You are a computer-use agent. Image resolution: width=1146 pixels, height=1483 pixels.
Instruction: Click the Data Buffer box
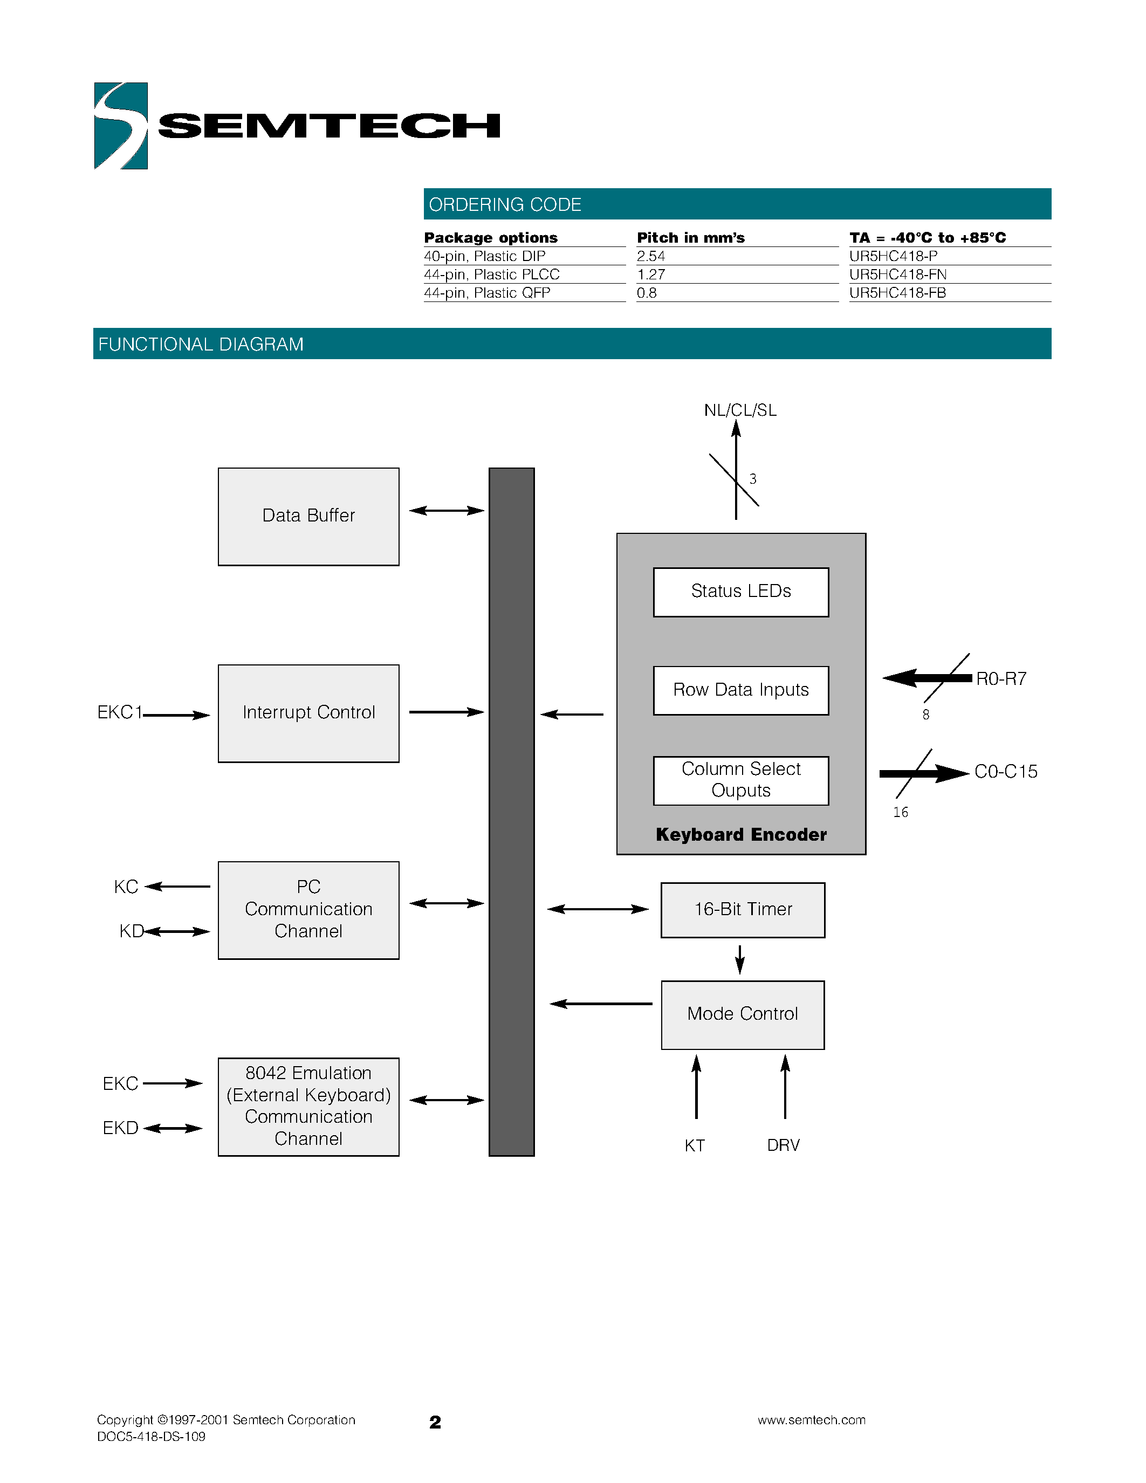[308, 516]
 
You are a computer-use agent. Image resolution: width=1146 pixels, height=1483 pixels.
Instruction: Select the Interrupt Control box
[308, 713]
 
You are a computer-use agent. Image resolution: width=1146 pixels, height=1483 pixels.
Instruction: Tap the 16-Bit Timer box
[743, 910]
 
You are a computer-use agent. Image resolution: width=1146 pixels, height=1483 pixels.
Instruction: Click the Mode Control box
[743, 1014]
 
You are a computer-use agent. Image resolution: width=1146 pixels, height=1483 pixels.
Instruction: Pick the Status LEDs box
[740, 592]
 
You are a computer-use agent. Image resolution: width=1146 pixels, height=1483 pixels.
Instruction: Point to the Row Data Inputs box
[740, 690]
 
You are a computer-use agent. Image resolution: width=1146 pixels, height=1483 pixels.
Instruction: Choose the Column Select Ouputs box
[740, 780]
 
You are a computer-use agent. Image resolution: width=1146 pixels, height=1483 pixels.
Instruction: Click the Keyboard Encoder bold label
[740, 835]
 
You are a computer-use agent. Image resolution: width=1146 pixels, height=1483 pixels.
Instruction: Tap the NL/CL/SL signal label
[740, 410]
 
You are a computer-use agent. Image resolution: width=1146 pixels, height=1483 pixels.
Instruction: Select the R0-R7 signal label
[1001, 679]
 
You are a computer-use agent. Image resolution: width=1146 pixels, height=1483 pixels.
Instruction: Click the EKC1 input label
[120, 712]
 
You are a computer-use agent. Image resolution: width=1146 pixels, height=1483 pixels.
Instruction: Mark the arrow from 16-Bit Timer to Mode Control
[740, 959]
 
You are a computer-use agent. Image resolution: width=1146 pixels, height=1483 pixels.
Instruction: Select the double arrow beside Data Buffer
[446, 511]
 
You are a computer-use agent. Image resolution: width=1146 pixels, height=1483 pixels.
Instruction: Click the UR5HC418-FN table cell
[897, 274]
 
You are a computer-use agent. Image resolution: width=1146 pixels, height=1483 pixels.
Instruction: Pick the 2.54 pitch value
[650, 256]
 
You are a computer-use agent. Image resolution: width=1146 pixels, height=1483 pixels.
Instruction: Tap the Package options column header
[490, 238]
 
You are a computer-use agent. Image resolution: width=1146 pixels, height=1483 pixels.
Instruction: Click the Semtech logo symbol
[121, 126]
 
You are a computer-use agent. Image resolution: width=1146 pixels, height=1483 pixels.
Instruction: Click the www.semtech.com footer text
[811, 1420]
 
